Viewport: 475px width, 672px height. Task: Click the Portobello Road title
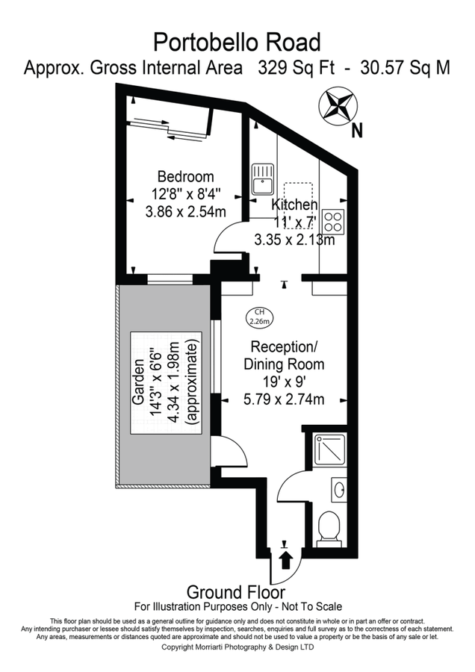pos(237,41)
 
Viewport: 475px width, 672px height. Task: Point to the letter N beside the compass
pos(357,131)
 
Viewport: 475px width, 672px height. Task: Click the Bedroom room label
pos(185,177)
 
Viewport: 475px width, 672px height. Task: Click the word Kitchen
pos(294,205)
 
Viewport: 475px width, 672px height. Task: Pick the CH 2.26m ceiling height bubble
pos(260,317)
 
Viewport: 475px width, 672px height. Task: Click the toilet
pos(329,529)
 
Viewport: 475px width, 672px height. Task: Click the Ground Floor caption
pos(235,592)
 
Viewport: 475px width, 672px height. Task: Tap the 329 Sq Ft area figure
pos(288,68)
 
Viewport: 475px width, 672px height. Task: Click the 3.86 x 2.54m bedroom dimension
pos(185,211)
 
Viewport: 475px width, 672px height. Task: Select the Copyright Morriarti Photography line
pos(237,647)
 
